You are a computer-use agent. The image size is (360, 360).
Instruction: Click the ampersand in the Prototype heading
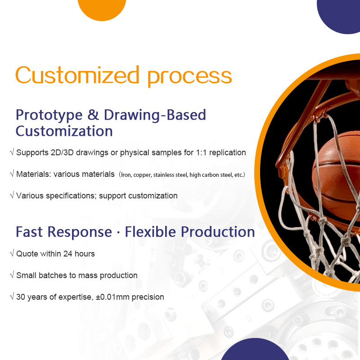93,115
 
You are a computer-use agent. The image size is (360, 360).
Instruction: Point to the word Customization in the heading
64,131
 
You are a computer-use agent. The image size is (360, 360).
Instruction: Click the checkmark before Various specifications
12,196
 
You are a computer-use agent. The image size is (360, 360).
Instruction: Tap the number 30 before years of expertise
21,297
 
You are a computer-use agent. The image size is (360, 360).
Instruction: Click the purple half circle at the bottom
255,351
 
